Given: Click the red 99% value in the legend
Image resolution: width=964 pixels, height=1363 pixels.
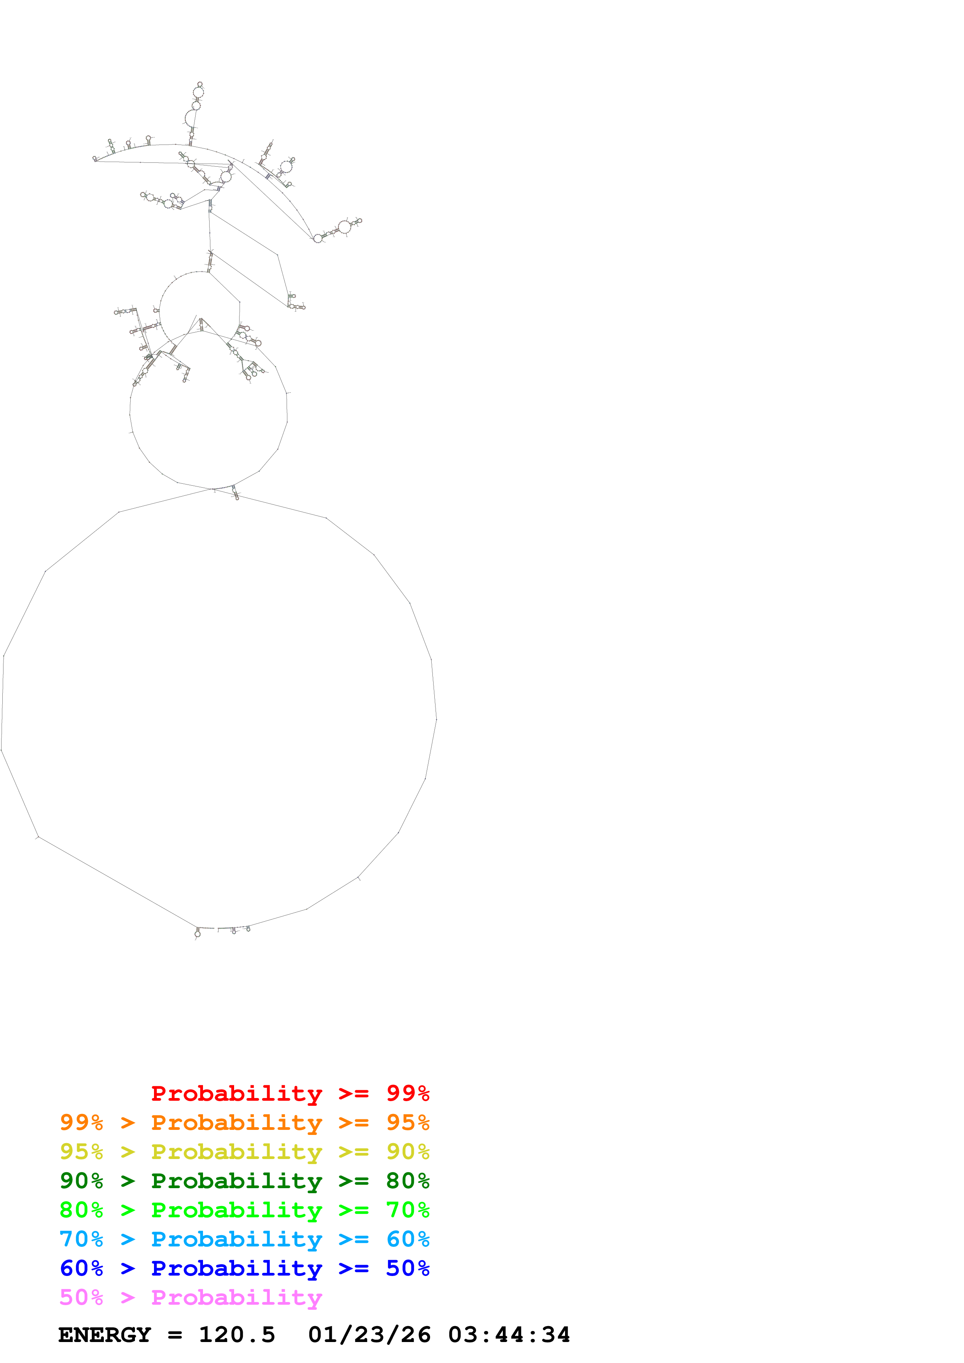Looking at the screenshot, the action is [408, 1093].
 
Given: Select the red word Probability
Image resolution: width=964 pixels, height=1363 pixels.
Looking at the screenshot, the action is [236, 1093].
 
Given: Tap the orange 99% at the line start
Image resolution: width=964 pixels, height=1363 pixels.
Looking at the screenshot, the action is [81, 1122].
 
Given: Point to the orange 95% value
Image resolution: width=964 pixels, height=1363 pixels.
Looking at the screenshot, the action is [408, 1122].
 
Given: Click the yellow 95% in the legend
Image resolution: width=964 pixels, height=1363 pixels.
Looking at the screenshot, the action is [81, 1152].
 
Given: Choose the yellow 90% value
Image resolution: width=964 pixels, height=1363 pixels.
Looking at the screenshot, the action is [408, 1152].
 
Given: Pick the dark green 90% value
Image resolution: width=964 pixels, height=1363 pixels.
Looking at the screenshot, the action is [81, 1181].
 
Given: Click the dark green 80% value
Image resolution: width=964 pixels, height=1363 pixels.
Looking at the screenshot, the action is [408, 1181].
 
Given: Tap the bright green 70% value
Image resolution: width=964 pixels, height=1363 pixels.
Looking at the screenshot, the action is [408, 1210].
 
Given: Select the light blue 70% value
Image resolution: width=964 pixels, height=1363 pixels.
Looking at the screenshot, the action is [81, 1239].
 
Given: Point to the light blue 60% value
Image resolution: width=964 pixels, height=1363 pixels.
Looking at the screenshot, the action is [408, 1239].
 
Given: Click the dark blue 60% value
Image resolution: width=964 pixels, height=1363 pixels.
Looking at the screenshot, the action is [81, 1268].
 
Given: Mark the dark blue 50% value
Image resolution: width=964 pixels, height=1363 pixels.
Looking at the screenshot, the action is [408, 1268].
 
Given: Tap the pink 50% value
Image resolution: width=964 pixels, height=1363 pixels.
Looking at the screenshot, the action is [81, 1297].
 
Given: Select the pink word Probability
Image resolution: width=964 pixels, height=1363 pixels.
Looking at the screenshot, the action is [236, 1297].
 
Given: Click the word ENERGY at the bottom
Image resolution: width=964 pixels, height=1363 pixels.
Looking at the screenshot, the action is [105, 1335].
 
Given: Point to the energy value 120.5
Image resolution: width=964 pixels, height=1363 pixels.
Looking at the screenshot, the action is [236, 1335].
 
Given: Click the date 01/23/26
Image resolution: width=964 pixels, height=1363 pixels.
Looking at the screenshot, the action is [369, 1335].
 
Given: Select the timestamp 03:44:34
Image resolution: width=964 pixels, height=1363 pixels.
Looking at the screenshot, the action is [509, 1335].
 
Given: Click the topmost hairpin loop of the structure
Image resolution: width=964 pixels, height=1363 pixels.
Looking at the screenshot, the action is [200, 84].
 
